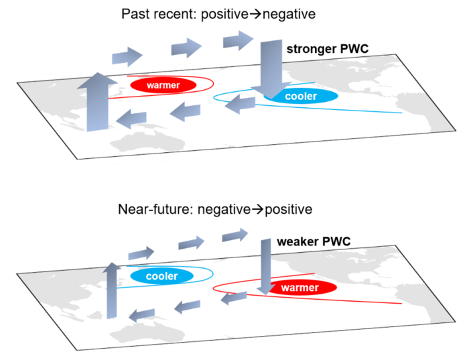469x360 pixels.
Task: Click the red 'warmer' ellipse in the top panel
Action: tap(163, 85)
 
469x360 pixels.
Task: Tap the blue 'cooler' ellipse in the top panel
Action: tap(301, 96)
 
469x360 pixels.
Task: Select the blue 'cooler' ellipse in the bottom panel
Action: tap(162, 276)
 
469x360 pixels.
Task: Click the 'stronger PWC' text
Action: tap(328, 49)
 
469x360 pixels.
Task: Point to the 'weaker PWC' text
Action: tap(314, 242)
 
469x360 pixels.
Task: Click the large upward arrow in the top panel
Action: tap(97, 102)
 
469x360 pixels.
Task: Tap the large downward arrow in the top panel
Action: tap(271, 70)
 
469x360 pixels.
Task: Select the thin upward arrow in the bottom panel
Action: tap(112, 290)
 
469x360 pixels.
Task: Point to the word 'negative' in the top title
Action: tap(289, 14)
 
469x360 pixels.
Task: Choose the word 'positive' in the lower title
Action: tap(288, 209)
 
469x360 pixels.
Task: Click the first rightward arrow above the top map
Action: tap(127, 56)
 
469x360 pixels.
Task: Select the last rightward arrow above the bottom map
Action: tap(235, 235)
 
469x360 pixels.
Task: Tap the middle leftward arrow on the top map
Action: tap(185, 111)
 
